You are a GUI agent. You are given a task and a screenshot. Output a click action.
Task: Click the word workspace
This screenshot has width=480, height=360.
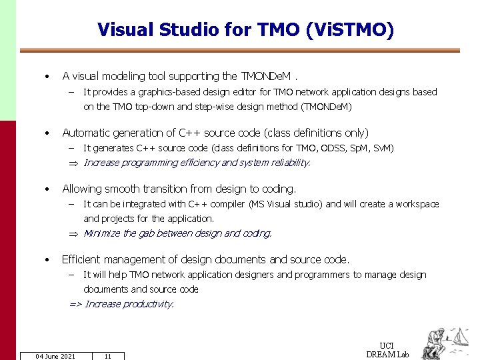pyautogui.click(x=417, y=204)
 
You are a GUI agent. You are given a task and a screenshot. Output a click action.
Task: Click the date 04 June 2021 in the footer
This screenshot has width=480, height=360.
pyautogui.click(x=55, y=356)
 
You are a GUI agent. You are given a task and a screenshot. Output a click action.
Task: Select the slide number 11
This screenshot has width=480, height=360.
pyautogui.click(x=107, y=356)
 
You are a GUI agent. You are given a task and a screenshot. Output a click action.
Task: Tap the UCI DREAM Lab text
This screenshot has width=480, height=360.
pyautogui.click(x=387, y=350)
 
